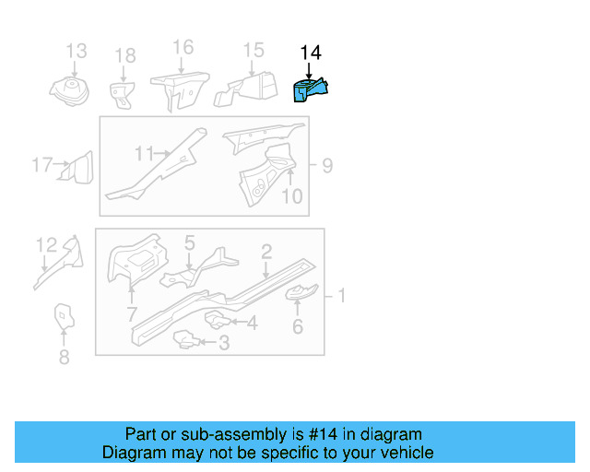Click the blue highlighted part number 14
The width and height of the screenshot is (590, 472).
click(310, 90)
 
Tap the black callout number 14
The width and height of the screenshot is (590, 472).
click(311, 53)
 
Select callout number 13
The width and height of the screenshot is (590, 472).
click(77, 51)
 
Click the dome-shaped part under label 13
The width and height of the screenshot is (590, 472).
click(69, 91)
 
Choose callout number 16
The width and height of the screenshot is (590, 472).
click(183, 47)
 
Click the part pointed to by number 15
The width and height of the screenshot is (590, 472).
click(246, 88)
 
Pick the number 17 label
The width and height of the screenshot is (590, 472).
click(42, 165)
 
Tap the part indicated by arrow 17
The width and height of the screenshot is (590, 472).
click(77, 169)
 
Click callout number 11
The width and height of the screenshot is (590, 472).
click(145, 154)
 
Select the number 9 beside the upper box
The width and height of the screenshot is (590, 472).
click(328, 166)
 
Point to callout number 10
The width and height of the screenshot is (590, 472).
click(292, 196)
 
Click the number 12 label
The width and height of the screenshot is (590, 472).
click(47, 245)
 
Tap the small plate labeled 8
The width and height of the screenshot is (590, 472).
click(64, 316)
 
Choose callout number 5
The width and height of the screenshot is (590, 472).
click(190, 242)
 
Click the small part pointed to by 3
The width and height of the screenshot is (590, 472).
click(186, 339)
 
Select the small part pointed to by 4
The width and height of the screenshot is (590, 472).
click(218, 319)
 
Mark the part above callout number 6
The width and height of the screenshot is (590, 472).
click(301, 292)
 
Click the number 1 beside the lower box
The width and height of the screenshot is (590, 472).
click(342, 296)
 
